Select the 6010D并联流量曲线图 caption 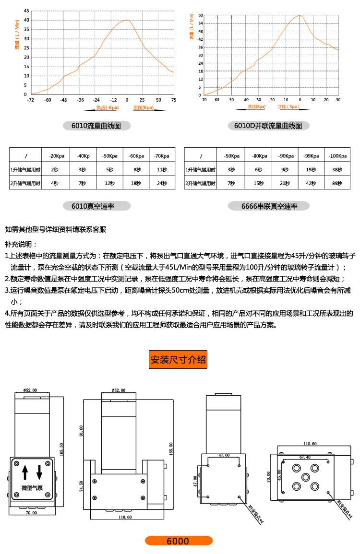[x=268, y=126]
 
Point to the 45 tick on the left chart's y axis [x=26, y=11]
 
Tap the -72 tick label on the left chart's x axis [x=31, y=100]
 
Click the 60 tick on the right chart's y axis [x=201, y=15]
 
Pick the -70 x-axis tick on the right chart [x=204, y=100]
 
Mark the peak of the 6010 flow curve [x=127, y=20]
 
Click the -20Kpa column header [x=57, y=156]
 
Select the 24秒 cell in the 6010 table [x=162, y=183]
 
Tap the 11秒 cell [x=162, y=170]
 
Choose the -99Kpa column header [x=311, y=156]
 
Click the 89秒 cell [x=336, y=183]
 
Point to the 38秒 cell [x=336, y=170]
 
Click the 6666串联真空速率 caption [x=269, y=206]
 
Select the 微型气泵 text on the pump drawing [x=32, y=488]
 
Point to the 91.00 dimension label [x=82, y=431]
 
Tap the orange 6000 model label [x=179, y=541]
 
